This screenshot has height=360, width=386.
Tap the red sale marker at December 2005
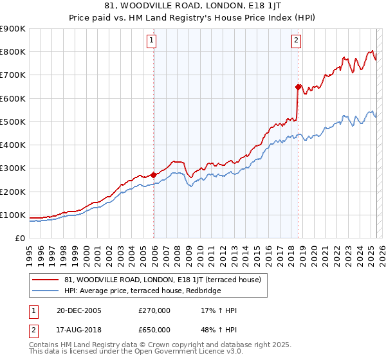(x=154, y=175)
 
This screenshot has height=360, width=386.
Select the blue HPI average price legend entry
(x=142, y=291)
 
